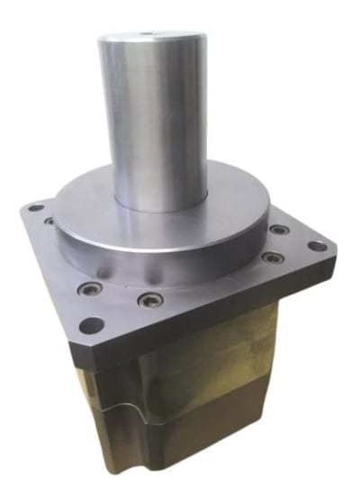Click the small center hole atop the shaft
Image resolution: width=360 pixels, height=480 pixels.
146,36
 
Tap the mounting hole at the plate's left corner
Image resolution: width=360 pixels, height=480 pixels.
36,209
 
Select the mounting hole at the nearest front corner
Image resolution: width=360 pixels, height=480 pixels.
87,325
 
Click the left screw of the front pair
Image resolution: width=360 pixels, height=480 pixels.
87,290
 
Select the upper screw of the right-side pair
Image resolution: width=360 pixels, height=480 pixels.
281,230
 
